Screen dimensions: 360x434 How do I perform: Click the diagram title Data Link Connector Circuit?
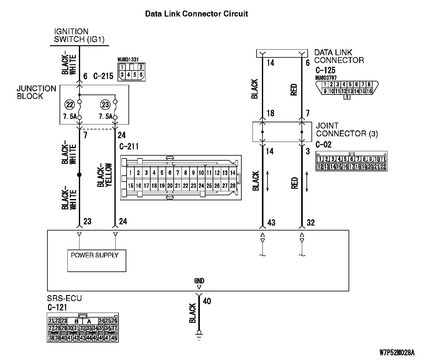click(x=196, y=14)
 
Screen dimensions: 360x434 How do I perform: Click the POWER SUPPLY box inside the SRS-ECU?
click(x=97, y=260)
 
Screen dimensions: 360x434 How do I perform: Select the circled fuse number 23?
click(x=105, y=104)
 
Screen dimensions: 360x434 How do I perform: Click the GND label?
click(x=199, y=281)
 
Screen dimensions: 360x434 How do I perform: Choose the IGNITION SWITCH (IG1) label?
click(x=79, y=35)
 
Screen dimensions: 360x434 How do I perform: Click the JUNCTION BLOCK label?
click(x=36, y=92)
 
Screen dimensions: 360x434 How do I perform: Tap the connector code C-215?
click(x=103, y=76)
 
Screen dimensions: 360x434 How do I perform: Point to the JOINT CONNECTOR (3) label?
click(x=347, y=130)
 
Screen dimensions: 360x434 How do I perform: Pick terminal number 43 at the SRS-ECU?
click(x=271, y=222)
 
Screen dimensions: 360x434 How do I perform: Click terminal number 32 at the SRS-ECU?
click(x=311, y=222)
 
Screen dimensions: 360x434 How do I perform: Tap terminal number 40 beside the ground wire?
click(x=207, y=301)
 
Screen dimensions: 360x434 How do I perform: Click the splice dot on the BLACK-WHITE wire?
click(x=79, y=175)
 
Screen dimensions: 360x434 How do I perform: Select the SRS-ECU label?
click(x=64, y=298)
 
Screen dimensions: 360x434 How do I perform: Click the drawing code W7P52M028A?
click(x=397, y=353)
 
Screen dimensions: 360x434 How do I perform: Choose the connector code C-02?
click(x=324, y=144)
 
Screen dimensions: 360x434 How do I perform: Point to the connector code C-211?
click(x=129, y=146)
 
